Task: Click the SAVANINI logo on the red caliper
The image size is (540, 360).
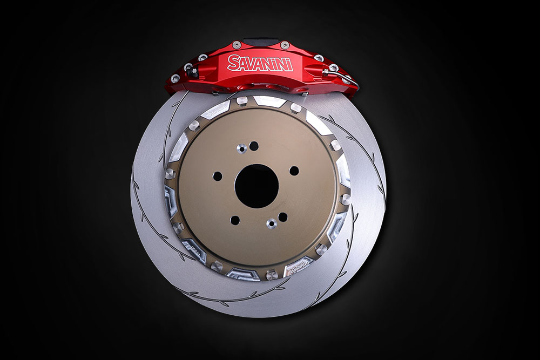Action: [x=260, y=63]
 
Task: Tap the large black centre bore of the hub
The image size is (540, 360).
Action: [x=256, y=186]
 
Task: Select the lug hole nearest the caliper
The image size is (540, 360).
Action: [x=254, y=145]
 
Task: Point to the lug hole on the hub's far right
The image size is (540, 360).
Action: [x=294, y=171]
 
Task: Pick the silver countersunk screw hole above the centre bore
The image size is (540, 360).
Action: [x=242, y=148]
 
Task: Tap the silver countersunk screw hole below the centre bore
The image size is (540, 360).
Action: [x=272, y=223]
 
